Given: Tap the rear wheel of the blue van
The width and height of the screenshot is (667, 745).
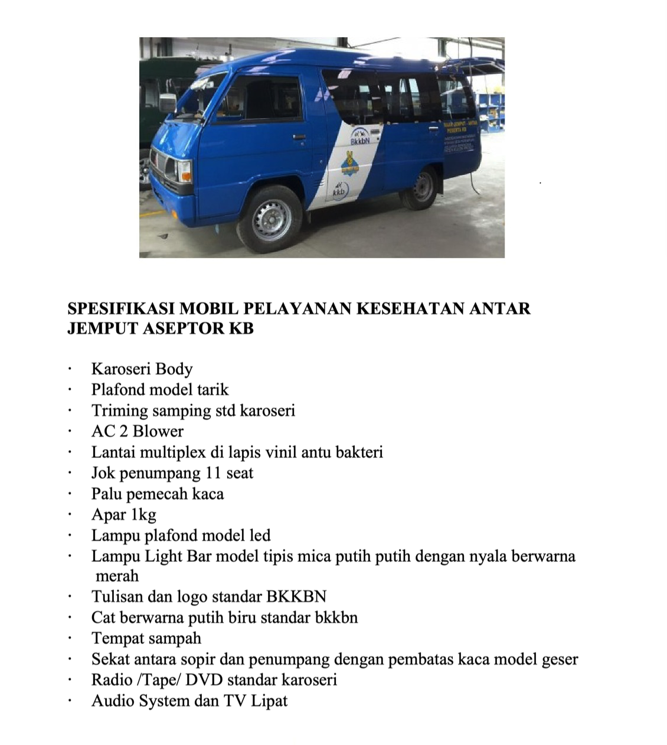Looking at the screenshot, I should pos(422,187).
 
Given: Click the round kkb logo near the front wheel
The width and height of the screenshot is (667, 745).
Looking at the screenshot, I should pos(339,191).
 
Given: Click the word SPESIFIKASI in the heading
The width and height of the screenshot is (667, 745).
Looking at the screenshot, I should pos(120,308).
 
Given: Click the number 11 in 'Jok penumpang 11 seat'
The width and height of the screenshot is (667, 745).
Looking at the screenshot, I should pos(213,473).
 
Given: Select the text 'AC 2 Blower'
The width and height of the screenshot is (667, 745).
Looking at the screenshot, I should pos(137,431).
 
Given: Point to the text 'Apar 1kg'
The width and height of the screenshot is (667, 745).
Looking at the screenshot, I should pos(123,515).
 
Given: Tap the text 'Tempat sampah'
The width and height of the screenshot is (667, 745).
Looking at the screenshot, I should pos(146,639).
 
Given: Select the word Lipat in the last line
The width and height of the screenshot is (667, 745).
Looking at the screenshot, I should pos(269,701).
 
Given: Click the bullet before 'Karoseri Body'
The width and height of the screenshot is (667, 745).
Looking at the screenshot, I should pos(70,370).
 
